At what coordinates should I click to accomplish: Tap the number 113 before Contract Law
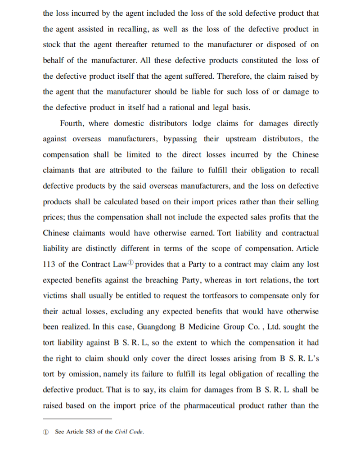[x=49, y=264]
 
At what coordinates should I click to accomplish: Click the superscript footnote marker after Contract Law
[x=130, y=262]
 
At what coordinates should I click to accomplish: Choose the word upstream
[x=239, y=139]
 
